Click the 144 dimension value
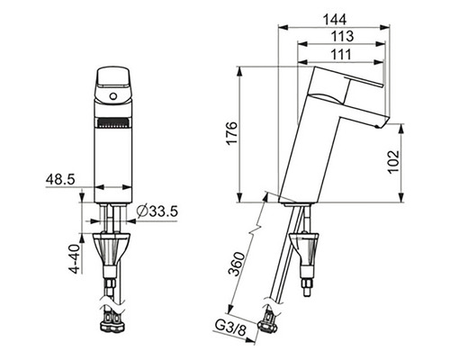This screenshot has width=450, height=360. (x=335, y=20)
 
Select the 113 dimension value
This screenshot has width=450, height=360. (x=342, y=36)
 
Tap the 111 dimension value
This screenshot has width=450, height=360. (x=341, y=55)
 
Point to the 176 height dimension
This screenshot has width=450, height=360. (x=232, y=133)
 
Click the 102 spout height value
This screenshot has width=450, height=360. (x=393, y=162)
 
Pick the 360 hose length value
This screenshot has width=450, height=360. (x=237, y=264)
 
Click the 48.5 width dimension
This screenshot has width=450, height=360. (x=59, y=180)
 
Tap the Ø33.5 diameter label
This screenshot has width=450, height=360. (x=157, y=211)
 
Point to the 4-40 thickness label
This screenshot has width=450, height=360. (x=75, y=258)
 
